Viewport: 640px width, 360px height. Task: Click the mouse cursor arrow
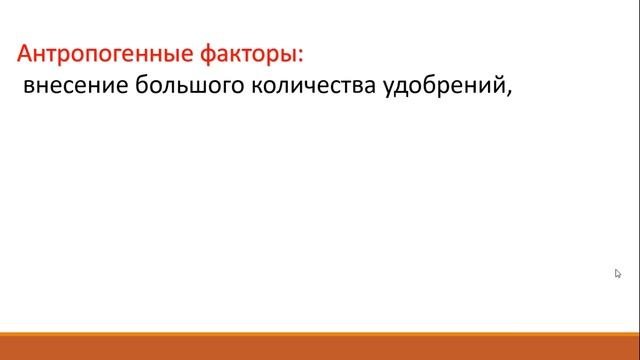tap(618, 273)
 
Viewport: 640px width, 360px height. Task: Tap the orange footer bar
tap(320, 349)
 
